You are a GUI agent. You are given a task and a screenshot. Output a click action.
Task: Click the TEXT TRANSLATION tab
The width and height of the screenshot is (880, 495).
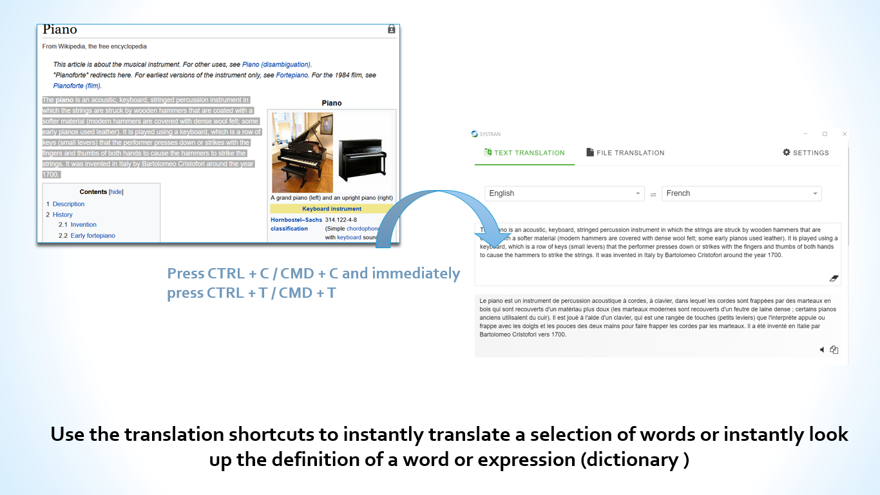(524, 153)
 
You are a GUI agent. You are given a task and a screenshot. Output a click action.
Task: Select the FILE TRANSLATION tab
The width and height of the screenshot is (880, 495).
(625, 153)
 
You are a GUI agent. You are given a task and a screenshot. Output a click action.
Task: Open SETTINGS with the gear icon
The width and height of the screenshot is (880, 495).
(805, 153)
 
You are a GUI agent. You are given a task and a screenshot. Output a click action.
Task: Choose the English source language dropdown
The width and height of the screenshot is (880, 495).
(564, 193)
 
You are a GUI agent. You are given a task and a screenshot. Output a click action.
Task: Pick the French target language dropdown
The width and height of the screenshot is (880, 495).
(741, 193)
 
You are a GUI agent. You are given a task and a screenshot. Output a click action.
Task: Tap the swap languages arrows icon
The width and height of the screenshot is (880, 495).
(653, 195)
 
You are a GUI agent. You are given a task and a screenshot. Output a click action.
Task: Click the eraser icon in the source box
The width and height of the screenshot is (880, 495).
(834, 278)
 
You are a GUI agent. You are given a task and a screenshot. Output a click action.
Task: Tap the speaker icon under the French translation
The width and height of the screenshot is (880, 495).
(822, 350)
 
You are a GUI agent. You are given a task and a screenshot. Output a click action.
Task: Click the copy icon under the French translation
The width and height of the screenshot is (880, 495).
(834, 350)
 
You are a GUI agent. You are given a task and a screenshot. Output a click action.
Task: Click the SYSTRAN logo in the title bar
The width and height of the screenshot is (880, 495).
(486, 134)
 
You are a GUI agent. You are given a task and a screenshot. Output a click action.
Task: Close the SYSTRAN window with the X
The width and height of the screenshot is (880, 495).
(845, 134)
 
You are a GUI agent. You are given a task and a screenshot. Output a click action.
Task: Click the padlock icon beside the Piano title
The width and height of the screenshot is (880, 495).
(391, 29)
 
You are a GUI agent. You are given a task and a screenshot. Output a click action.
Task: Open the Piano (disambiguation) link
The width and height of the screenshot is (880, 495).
(276, 64)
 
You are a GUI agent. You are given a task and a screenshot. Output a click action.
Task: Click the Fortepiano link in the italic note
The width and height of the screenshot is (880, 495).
(292, 75)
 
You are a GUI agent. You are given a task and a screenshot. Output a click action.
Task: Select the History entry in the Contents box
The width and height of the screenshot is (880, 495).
(62, 215)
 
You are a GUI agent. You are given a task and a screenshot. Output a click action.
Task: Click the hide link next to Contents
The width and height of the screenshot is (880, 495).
(116, 192)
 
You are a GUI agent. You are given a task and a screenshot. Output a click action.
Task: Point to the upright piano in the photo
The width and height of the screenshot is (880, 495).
(363, 159)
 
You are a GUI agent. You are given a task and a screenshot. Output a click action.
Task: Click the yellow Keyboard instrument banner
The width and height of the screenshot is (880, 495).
(332, 209)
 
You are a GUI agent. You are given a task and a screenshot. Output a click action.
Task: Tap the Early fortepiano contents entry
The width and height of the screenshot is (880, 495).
(93, 235)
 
